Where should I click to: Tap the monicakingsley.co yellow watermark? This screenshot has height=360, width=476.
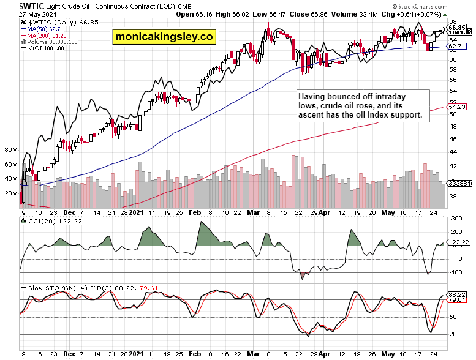click(164, 37)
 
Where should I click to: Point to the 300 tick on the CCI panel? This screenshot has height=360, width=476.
click(456, 219)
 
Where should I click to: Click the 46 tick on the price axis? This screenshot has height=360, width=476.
click(453, 139)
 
